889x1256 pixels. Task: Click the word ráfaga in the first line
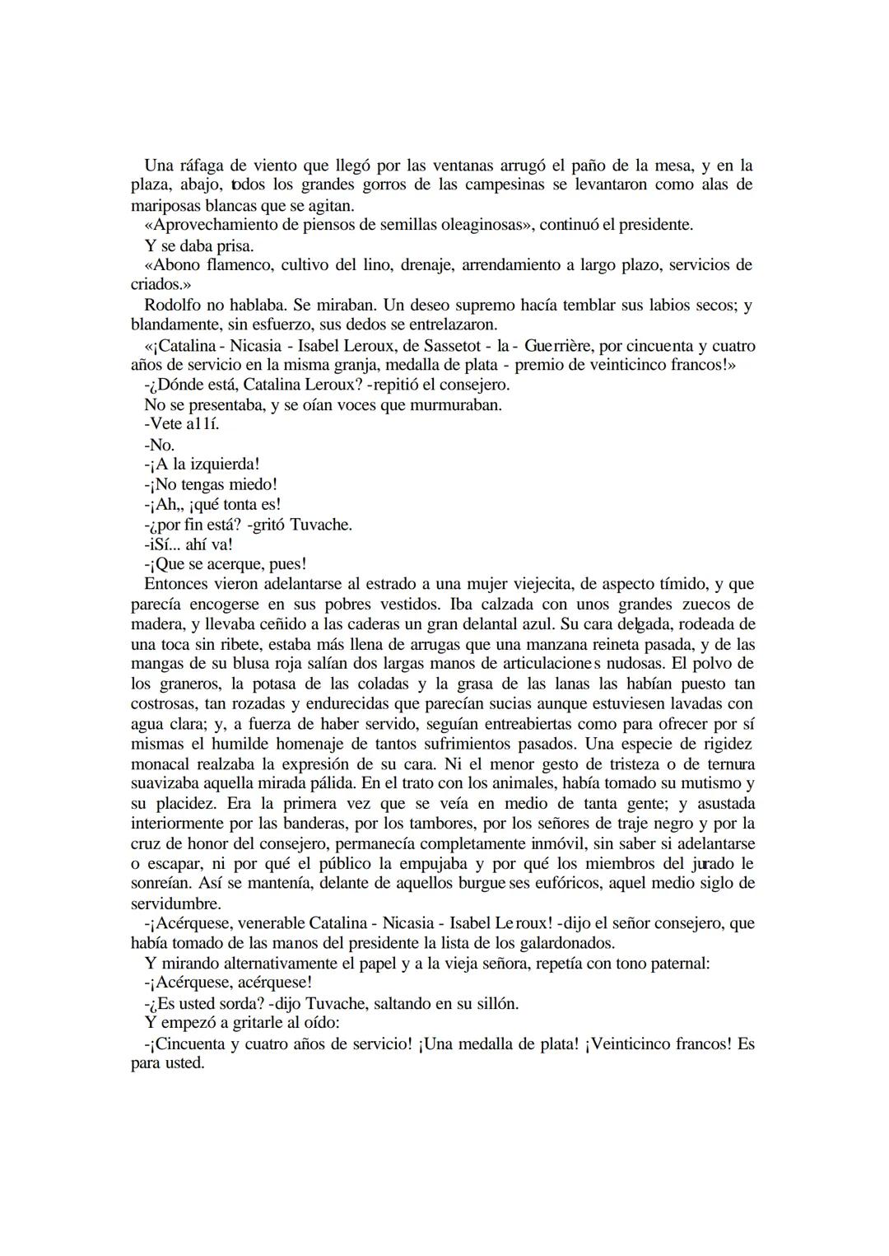[198, 166]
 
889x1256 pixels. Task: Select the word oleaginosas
[477, 225]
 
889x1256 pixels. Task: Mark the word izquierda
[222, 465]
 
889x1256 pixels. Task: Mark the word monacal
[161, 763]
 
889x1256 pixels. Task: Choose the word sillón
[494, 1003]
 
